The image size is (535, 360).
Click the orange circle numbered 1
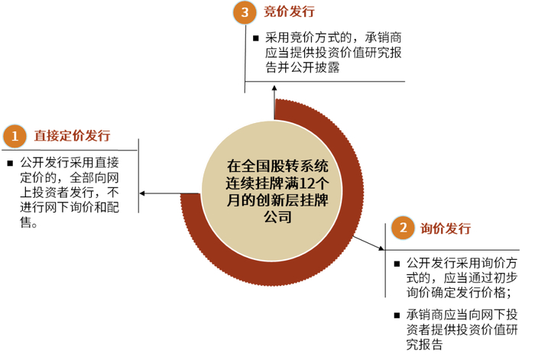[x=14, y=136]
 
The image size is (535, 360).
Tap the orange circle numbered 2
[x=402, y=228]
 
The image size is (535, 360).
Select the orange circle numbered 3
[x=244, y=12]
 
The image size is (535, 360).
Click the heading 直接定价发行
[x=72, y=136]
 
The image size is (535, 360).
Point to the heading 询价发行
[x=445, y=228]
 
